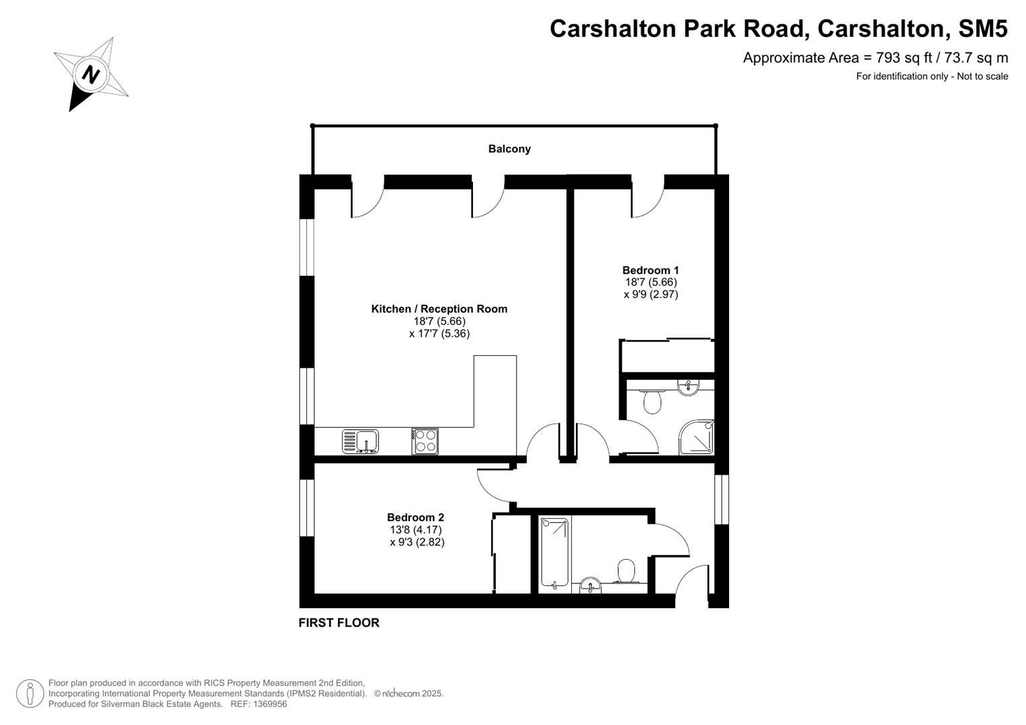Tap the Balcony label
(509, 149)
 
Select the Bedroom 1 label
(650, 271)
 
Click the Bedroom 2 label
(415, 518)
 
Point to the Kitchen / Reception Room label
(439, 309)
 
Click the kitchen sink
(361, 441)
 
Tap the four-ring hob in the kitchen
(425, 441)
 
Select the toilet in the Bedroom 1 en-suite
(652, 401)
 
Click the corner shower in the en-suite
(696, 437)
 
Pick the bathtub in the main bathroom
(556, 554)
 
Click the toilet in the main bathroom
(626, 572)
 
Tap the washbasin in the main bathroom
(591, 585)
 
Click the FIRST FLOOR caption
(339, 623)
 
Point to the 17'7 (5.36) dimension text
(439, 334)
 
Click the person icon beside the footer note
(30, 693)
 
